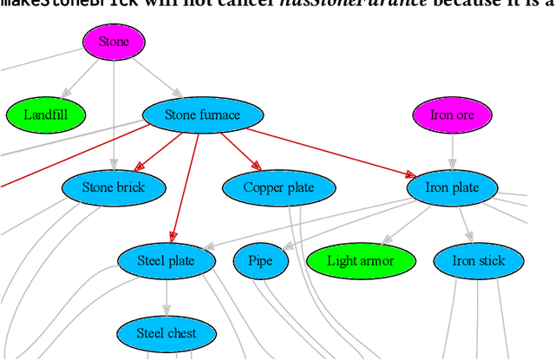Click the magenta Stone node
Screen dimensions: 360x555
click(114, 42)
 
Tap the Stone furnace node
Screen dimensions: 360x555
click(202, 115)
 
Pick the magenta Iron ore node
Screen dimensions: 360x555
click(452, 115)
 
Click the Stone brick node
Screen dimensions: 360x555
click(114, 187)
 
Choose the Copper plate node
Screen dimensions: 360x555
click(278, 187)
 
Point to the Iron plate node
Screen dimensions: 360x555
click(452, 187)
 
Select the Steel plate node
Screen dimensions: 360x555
click(167, 260)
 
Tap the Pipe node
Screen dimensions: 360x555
click(260, 260)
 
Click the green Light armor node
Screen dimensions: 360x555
click(362, 260)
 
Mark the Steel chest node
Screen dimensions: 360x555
click(167, 333)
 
